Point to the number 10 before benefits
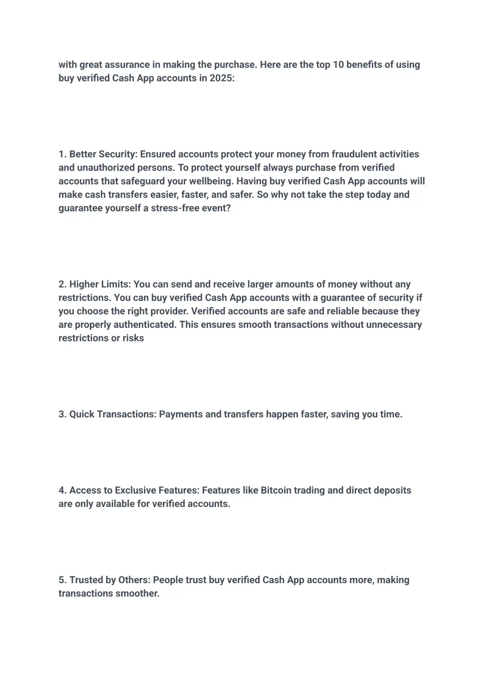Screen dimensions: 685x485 click(338, 65)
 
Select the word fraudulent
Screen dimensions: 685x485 click(354, 154)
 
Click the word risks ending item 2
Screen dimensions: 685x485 click(133, 338)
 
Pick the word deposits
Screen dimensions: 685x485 click(392, 491)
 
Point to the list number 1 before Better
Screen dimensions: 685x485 click(62, 154)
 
